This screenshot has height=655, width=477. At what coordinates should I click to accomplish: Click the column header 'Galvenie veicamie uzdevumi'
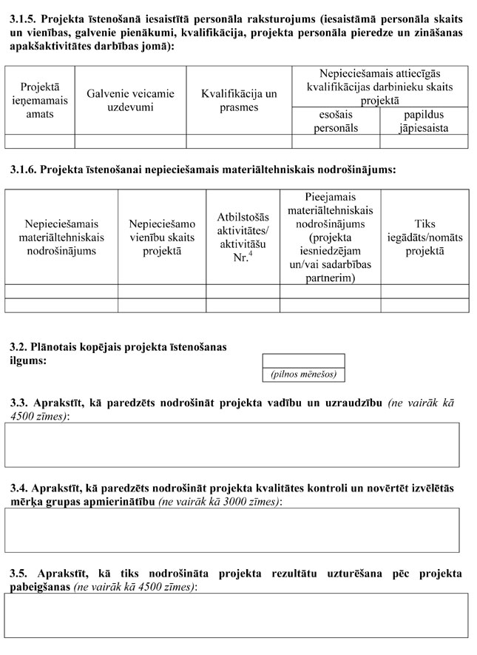click(x=130, y=100)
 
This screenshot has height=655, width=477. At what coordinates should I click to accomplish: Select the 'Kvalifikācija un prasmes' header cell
click(x=239, y=100)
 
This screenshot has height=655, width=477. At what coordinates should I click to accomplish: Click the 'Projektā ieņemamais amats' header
click(x=40, y=100)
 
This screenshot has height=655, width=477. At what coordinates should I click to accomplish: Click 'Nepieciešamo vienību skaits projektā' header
click(x=161, y=237)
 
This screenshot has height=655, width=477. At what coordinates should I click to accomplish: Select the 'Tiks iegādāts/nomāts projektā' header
click(x=424, y=237)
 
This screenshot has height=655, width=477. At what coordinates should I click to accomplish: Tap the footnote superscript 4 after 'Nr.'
click(x=251, y=255)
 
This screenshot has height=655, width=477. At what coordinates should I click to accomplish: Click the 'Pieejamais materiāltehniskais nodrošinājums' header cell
click(x=330, y=237)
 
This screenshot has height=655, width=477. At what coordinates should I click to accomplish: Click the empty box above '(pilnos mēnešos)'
click(x=303, y=361)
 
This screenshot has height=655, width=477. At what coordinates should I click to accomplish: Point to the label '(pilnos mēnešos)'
click(x=303, y=374)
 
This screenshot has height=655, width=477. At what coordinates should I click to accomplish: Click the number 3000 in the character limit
click(x=223, y=501)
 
